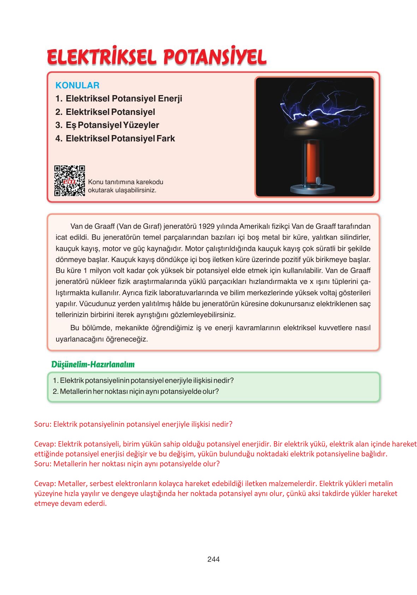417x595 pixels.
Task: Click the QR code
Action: [70, 181]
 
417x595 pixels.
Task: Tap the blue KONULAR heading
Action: [77, 85]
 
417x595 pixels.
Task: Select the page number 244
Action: [213, 559]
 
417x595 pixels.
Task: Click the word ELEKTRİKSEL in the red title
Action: [101, 57]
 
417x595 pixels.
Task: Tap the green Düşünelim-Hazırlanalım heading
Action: [93, 364]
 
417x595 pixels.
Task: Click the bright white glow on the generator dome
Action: [311, 123]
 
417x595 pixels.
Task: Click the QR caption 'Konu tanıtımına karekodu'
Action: [125, 182]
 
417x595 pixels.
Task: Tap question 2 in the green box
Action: [136, 391]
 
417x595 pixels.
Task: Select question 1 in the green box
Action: [143, 380]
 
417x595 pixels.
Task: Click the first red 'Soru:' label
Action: [42, 424]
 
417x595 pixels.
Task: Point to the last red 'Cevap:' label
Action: [45, 484]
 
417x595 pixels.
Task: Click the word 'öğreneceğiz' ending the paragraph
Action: [127, 339]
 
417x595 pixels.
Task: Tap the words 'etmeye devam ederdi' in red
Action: [70, 503]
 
